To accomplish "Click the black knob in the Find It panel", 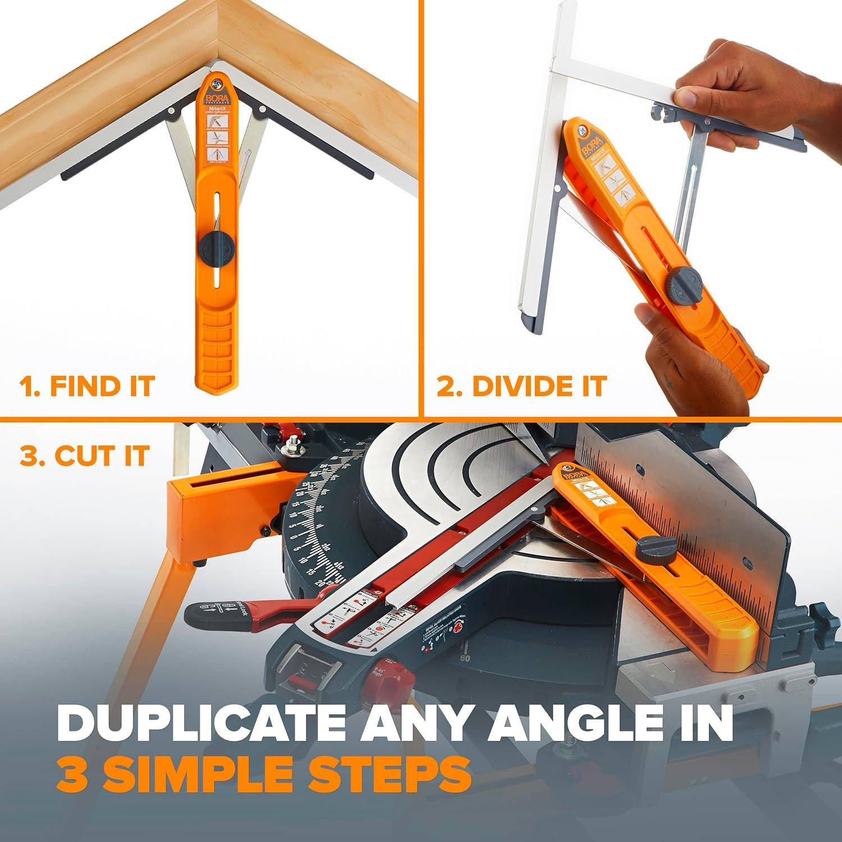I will coord(218,245).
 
